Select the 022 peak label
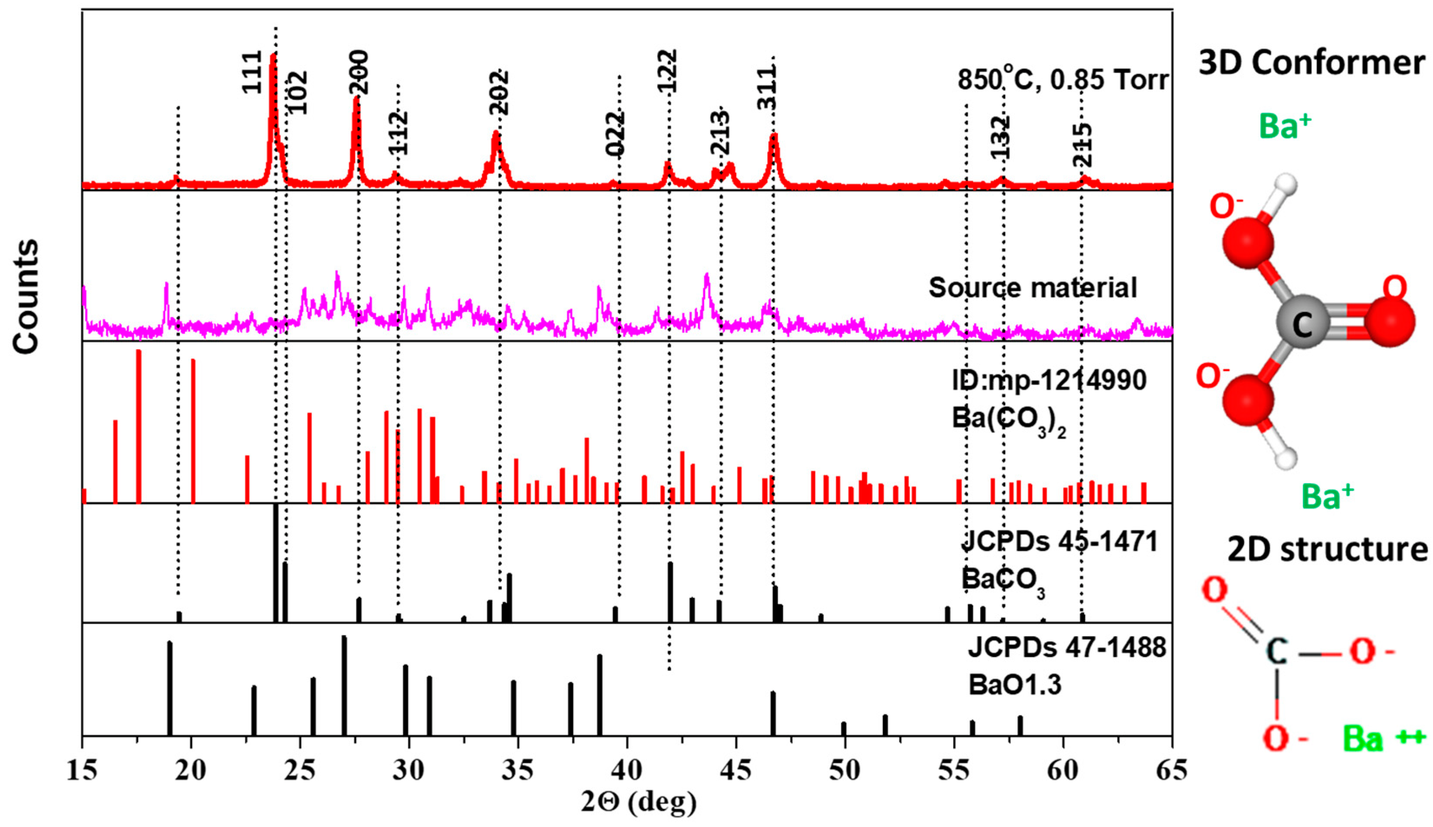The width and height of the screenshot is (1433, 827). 614,135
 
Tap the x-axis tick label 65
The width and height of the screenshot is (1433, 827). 1171,771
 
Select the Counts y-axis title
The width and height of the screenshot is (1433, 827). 26,296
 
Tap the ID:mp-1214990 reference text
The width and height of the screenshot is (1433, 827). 1049,380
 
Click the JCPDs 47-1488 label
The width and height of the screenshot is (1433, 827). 1067,647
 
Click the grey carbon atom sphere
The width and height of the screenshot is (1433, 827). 1302,322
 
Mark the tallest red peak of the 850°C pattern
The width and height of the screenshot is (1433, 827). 273,57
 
